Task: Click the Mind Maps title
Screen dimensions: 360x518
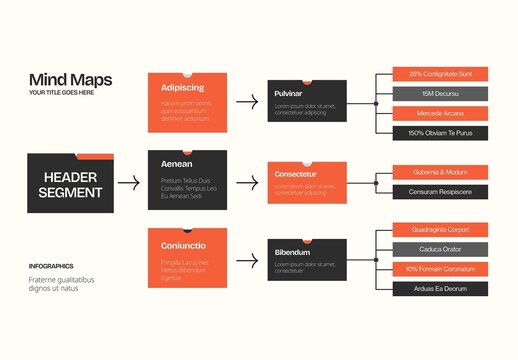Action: (70, 80)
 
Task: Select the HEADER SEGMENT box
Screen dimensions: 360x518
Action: (70, 184)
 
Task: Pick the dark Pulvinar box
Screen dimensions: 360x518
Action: (307, 101)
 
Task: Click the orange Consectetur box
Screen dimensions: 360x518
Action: (307, 182)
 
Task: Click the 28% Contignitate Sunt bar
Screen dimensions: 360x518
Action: (432, 74)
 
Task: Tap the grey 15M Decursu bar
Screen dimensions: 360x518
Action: (432, 94)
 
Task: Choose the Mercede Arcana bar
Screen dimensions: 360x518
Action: (432, 113)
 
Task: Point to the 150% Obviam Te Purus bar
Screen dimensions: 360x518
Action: (432, 132)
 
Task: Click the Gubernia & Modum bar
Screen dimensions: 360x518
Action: (432, 172)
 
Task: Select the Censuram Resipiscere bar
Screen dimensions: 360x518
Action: (432, 191)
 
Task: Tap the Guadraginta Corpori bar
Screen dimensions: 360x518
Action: (432, 230)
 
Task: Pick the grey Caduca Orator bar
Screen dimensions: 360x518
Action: (432, 249)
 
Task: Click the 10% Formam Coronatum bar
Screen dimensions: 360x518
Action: (432, 269)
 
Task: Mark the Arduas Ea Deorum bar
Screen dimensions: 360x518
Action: (432, 288)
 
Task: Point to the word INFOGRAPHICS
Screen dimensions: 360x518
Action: (51, 266)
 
